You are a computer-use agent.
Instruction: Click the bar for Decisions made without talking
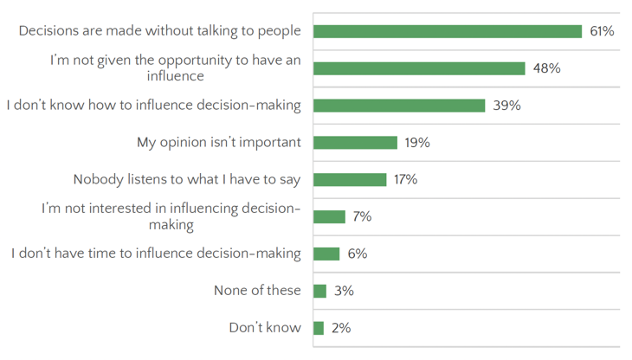[448, 31]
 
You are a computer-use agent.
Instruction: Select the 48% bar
[419, 68]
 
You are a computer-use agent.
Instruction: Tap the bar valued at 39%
[399, 106]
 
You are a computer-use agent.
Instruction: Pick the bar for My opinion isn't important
[355, 143]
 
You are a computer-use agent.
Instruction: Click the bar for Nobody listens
[350, 180]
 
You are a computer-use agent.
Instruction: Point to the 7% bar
[329, 216]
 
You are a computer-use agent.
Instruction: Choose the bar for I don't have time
[326, 254]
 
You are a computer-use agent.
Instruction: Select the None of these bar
[319, 291]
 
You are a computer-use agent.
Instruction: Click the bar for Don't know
[318, 328]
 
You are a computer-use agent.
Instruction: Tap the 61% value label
[602, 31]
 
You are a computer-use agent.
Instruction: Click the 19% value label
[417, 143]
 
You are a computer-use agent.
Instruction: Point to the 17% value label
[405, 180]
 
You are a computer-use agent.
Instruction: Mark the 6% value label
[357, 254]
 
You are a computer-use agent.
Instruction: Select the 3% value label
[344, 291]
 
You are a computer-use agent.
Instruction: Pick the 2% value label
[340, 328]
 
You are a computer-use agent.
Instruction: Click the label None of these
[257, 291]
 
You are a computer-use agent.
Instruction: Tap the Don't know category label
[265, 328]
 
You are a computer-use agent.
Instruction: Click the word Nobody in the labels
[99, 180]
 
